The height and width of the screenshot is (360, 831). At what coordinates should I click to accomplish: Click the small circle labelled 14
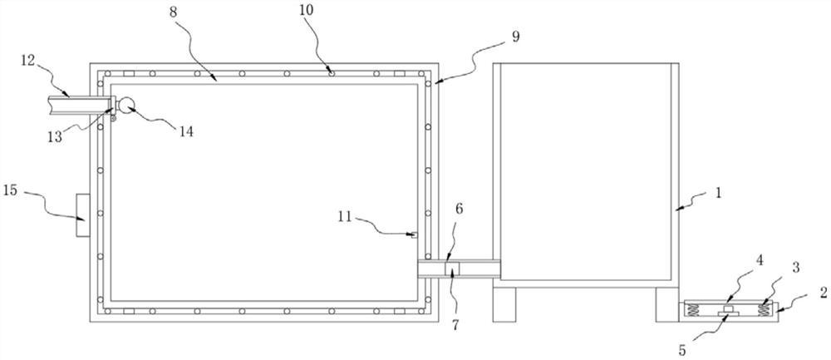coord(126,105)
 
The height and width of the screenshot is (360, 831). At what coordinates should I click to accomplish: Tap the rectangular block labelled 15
coord(81,215)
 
